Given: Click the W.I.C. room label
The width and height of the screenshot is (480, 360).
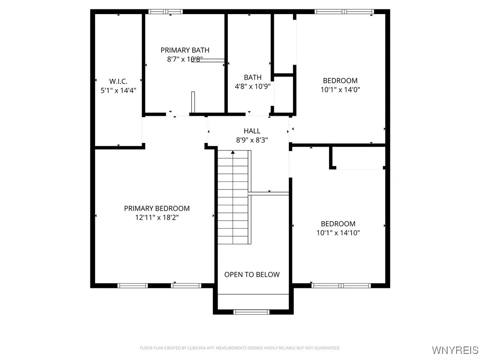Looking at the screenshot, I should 118,81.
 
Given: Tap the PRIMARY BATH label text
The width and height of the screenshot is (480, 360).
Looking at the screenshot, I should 185,50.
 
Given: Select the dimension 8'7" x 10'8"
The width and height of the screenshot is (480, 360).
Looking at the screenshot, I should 185,60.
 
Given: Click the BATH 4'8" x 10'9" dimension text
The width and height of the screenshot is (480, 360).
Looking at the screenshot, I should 252,86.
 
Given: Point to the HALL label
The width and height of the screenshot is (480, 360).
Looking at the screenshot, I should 252,131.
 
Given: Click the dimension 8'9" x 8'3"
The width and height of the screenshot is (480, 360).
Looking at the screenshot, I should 252,140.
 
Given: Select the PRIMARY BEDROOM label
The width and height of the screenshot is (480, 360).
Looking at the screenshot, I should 157,208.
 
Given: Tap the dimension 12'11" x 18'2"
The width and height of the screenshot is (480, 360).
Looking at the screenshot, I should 157,217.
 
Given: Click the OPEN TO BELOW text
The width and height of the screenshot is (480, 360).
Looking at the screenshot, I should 252,275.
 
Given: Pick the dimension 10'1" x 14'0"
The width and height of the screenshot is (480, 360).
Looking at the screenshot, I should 340,90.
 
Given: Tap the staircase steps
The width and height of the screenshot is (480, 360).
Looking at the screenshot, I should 233,199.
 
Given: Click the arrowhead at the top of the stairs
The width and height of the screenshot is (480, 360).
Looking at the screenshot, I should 233,152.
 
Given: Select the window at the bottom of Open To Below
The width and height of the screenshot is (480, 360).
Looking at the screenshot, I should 252,312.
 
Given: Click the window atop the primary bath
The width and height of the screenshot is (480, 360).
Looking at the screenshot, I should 165,12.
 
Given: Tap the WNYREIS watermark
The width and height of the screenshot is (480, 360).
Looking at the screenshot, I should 455,350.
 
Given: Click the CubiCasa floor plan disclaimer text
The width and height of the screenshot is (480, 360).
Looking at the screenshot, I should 240,348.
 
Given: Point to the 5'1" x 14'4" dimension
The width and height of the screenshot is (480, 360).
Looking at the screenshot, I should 118,90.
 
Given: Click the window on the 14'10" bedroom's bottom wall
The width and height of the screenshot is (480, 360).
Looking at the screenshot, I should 341,285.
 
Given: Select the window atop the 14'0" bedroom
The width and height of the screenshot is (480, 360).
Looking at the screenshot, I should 345,12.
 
